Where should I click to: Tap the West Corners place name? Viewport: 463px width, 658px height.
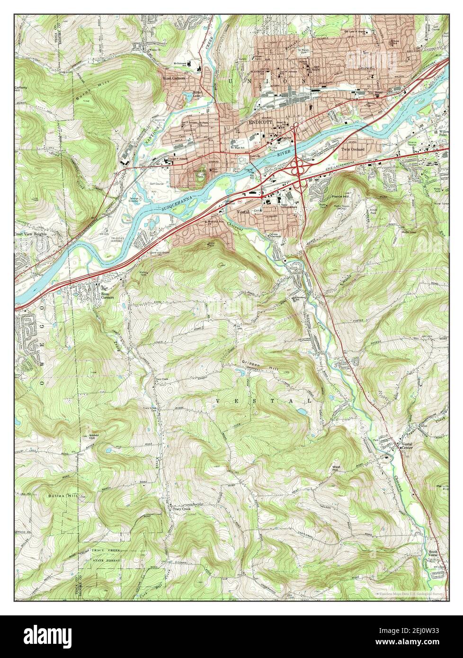[x=174, y=78]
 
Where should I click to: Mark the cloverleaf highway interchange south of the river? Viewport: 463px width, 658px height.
[x=298, y=167]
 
